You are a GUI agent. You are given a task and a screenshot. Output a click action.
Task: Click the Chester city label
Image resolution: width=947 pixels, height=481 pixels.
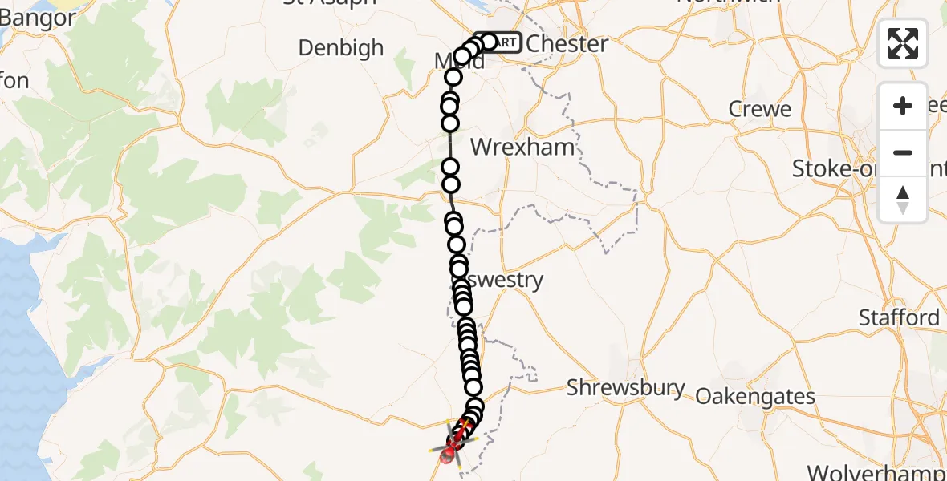pyautogui.click(x=567, y=44)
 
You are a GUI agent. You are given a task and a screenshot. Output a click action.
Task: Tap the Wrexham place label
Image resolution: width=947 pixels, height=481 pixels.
pyautogui.click(x=522, y=148)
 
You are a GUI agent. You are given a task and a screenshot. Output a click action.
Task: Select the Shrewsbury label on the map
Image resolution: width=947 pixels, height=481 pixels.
pyautogui.click(x=626, y=389)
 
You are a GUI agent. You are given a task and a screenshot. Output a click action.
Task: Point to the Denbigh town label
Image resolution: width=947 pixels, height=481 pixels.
pyautogui.click(x=341, y=48)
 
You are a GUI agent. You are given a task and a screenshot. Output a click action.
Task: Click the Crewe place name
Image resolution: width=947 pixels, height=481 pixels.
pyautogui.click(x=759, y=109)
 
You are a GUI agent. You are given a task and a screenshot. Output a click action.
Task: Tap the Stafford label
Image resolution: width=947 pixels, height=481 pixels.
pyautogui.click(x=899, y=318)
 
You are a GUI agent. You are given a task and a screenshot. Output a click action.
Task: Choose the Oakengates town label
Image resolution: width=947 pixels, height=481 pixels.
pyautogui.click(x=755, y=397)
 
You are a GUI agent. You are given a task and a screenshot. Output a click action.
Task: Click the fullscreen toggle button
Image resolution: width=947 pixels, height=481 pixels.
pyautogui.click(x=903, y=43)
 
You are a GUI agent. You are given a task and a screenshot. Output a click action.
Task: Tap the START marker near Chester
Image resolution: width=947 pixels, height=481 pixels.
pyautogui.click(x=501, y=42)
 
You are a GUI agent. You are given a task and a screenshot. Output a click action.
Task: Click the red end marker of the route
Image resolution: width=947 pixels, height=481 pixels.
pyautogui.click(x=448, y=458)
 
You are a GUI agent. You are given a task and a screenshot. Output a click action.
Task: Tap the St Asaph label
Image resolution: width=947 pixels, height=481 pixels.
pyautogui.click(x=330, y=2)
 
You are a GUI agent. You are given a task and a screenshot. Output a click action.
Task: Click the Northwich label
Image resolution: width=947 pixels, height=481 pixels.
pyautogui.click(x=728, y=2)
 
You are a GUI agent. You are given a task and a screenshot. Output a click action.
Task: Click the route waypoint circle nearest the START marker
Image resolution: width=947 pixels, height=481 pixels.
pyautogui.click(x=488, y=42)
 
